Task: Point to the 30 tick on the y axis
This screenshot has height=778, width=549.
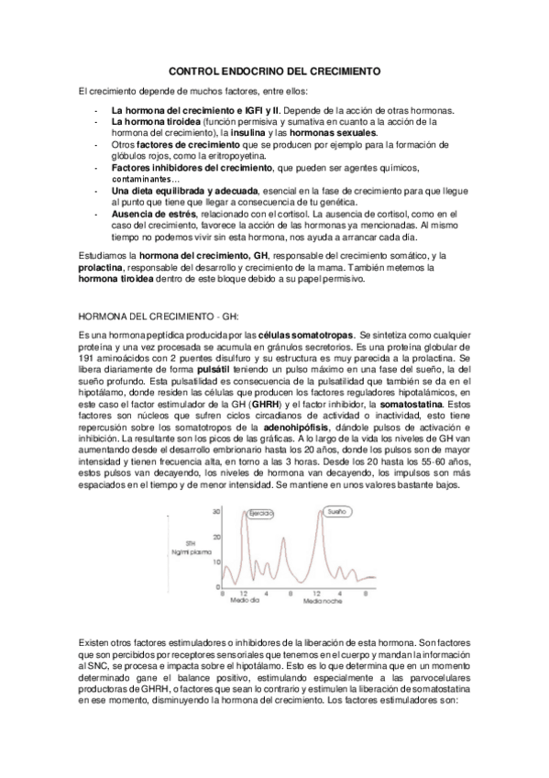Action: coord(216,511)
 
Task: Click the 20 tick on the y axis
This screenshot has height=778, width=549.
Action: coord(216,535)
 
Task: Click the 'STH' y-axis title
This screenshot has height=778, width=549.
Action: coord(192,541)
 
